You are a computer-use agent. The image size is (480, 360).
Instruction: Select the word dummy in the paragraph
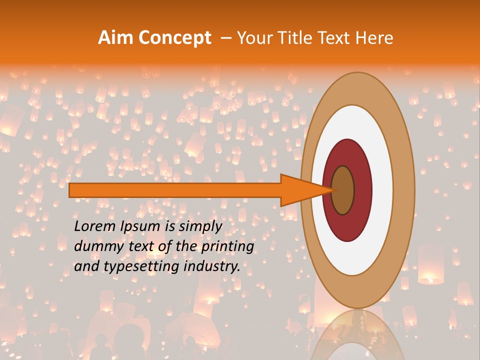[95, 246]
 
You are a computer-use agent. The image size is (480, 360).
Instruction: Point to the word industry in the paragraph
[212, 266]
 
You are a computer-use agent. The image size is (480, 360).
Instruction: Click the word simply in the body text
[199, 226]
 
